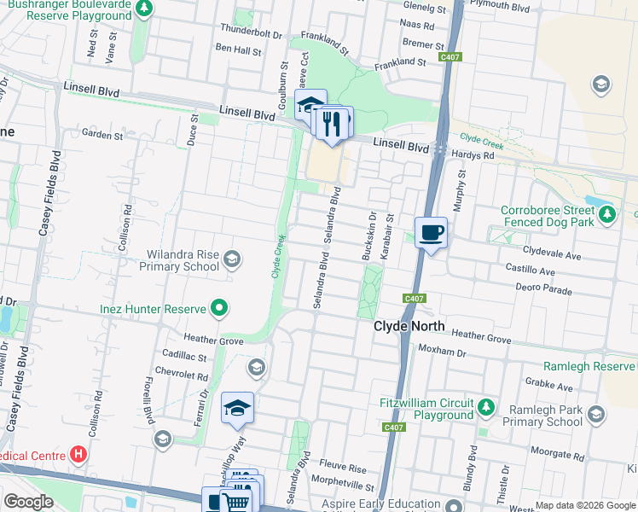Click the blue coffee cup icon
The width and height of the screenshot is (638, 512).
click(431, 231)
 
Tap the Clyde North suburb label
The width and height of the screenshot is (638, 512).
click(409, 326)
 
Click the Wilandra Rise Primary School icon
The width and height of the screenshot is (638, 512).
click(232, 259)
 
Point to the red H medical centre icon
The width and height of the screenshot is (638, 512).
click(78, 455)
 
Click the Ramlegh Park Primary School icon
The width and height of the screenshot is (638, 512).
click(595, 414)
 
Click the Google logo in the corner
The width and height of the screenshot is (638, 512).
click(29, 502)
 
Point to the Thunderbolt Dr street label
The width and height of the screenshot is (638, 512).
click(251, 32)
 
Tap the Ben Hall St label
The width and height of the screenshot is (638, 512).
click(238, 50)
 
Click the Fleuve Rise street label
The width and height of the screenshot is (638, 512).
click(343, 468)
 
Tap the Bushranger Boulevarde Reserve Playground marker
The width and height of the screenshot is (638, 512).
click(145, 9)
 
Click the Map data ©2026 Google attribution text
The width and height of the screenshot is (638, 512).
click(585, 505)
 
